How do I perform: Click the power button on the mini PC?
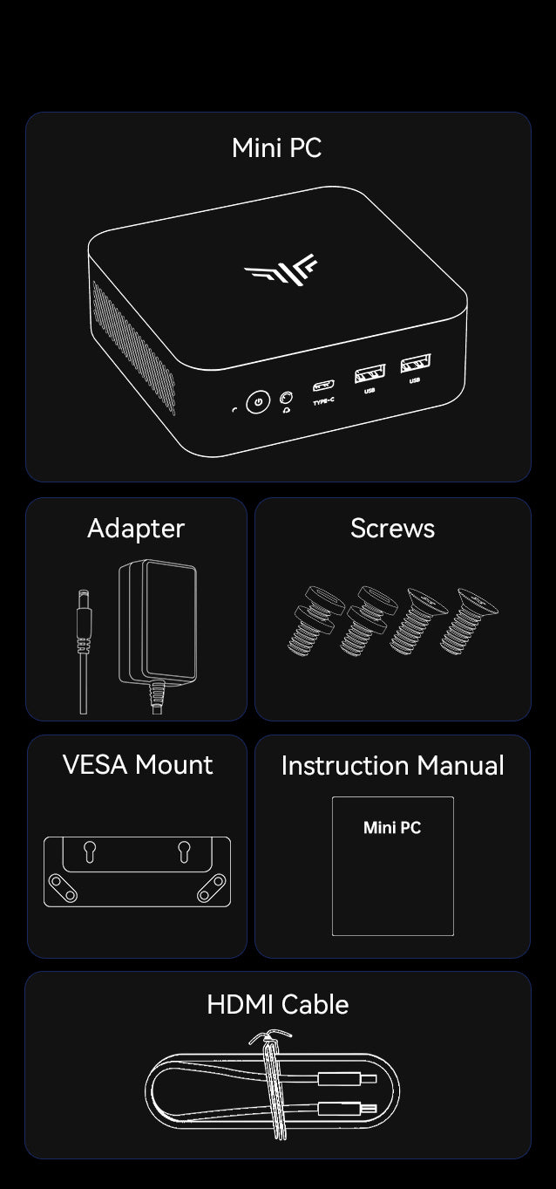(x=258, y=402)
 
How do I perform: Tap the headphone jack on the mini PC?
(x=286, y=398)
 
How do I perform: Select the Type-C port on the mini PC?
(x=323, y=385)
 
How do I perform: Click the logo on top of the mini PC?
(x=281, y=270)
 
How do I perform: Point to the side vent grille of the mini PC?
(x=133, y=347)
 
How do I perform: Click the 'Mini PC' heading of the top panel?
(x=276, y=148)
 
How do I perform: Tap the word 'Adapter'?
(x=136, y=529)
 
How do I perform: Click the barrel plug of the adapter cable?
(x=84, y=622)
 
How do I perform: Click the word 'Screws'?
(x=393, y=529)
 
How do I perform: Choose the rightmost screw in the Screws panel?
(x=469, y=621)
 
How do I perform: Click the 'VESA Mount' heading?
(x=138, y=765)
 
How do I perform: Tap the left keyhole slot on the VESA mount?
(x=90, y=851)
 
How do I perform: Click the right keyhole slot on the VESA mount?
(x=184, y=851)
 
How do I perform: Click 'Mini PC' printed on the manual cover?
(x=392, y=828)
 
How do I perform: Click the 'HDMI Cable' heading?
(x=278, y=1005)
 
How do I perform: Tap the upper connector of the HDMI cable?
(x=347, y=1079)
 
